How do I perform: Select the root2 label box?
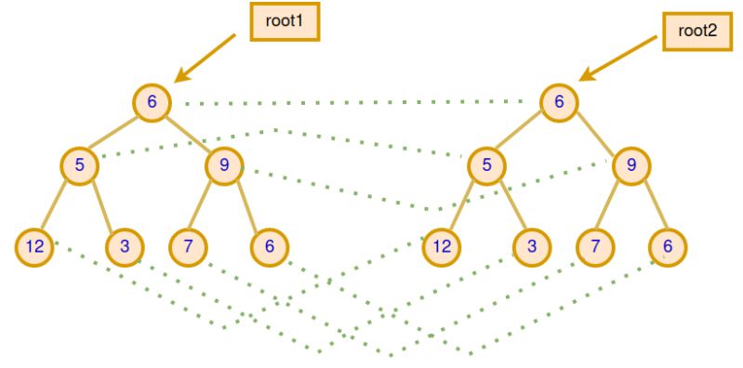[x=695, y=32]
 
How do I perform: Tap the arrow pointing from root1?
[x=210, y=59]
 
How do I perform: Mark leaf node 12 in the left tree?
[x=35, y=245]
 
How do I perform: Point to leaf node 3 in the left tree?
[x=124, y=245]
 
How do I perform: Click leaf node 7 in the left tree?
[x=188, y=245]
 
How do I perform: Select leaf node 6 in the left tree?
[x=269, y=245]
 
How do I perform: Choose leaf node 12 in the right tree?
[x=443, y=245]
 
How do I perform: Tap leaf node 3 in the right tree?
[x=531, y=245]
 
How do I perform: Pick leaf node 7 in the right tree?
[x=595, y=245]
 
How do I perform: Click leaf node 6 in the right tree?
[x=668, y=245]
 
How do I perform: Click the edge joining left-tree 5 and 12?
[x=58, y=206]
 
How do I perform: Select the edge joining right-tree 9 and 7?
[x=614, y=206]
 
